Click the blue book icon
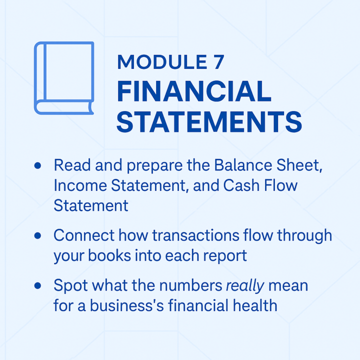click(x=63, y=77)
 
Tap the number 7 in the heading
click(x=215, y=61)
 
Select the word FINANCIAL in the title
click(x=194, y=92)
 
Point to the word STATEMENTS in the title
click(x=209, y=122)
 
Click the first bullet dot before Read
click(x=37, y=165)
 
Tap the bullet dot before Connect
click(x=37, y=235)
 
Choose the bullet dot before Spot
click(x=37, y=285)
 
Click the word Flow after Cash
click(x=280, y=185)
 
